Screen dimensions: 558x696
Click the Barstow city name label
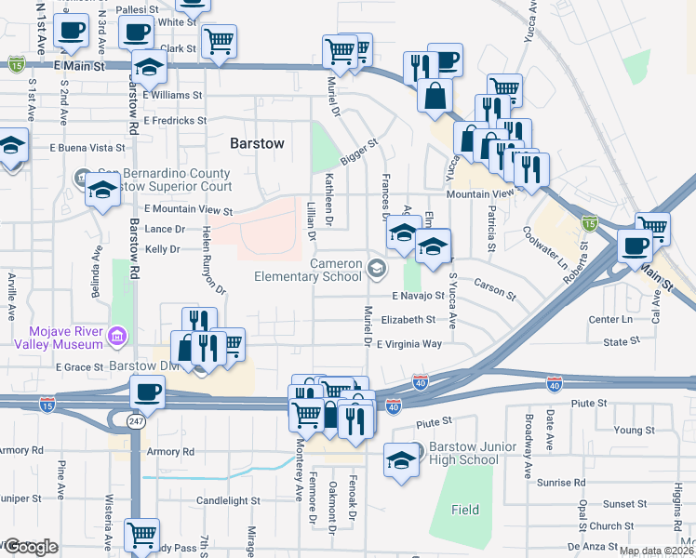(x=256, y=142)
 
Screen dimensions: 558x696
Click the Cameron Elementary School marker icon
(x=377, y=270)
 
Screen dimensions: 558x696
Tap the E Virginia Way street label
(x=408, y=344)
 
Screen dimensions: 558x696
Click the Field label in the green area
(x=465, y=510)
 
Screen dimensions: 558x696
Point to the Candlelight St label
(x=228, y=500)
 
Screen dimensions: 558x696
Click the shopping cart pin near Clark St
(x=219, y=41)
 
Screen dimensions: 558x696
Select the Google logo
(x=30, y=547)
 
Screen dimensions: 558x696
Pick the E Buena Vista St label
(x=87, y=148)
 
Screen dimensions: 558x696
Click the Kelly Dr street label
(x=162, y=249)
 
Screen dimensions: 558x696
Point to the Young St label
(x=635, y=430)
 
